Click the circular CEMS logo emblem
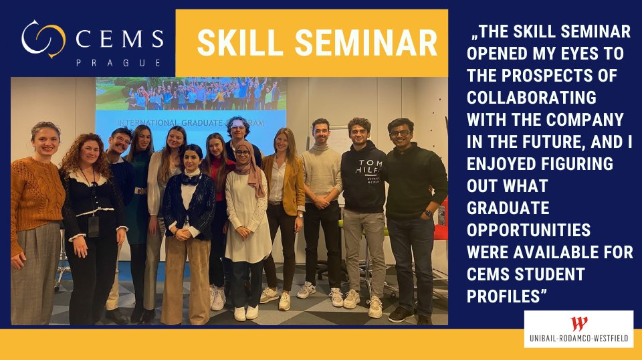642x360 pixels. [43, 39]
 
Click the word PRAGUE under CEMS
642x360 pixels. [118, 63]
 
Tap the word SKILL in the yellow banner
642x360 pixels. [240, 43]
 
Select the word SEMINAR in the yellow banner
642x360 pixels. [366, 43]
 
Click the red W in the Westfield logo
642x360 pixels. [579, 324]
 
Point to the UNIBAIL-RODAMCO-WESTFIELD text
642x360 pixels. [578, 339]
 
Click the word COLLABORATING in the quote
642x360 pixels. [532, 98]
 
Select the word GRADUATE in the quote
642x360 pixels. [508, 208]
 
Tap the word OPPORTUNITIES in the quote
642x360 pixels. [528, 230]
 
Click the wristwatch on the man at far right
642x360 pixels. [428, 213]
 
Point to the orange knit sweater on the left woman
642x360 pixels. [35, 198]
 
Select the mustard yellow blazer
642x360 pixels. [287, 183]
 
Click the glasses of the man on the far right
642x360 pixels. [400, 133]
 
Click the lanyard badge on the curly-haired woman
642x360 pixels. [94, 226]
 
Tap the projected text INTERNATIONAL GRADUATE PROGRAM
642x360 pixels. [191, 123]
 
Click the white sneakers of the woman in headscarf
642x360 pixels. [246, 313]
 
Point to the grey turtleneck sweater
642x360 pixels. [322, 174]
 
